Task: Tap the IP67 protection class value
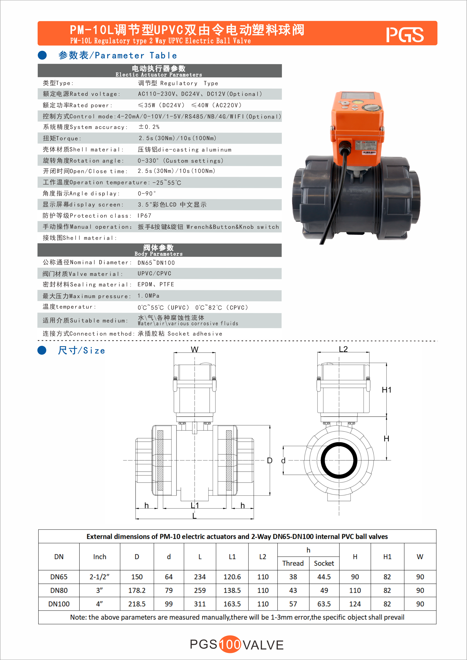(144, 216)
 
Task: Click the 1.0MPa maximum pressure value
(148, 296)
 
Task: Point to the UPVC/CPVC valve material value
(154, 273)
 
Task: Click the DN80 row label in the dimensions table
(59, 590)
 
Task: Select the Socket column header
(324, 563)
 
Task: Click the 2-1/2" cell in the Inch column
(99, 577)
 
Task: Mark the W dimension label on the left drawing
(195, 350)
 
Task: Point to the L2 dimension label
(343, 349)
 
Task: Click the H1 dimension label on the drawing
(387, 390)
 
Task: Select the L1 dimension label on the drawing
(195, 505)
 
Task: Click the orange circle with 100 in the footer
(230, 644)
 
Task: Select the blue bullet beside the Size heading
(42, 350)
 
